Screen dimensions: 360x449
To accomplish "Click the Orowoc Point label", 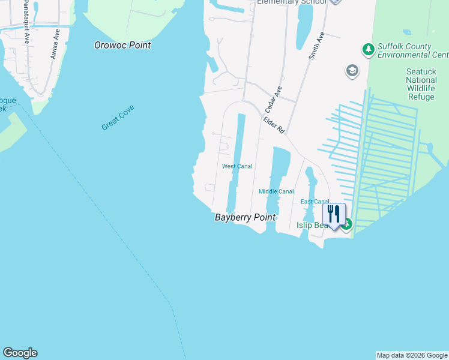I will click(123, 45).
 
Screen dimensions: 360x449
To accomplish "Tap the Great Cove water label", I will click(118, 118).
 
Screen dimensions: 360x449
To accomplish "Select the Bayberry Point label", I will click(245, 218).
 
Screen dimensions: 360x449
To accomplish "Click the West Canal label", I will click(237, 166).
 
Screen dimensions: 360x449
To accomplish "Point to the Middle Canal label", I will click(276, 191).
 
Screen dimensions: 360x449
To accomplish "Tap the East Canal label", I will click(315, 202).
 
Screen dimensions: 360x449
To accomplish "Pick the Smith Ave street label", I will click(316, 46).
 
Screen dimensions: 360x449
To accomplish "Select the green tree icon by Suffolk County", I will click(368, 49).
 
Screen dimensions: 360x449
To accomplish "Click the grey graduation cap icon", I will click(352, 71).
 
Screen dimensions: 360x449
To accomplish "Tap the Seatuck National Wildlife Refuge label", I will click(421, 83).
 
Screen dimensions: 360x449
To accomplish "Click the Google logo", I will click(20, 353).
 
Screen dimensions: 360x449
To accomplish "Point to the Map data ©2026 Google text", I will click(412, 355).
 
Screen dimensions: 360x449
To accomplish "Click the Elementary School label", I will click(291, 2).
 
